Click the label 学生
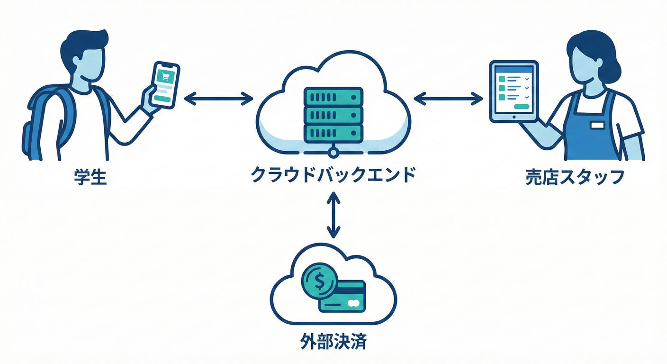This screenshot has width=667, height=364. [x=90, y=177]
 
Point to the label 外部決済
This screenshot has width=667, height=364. [x=333, y=342]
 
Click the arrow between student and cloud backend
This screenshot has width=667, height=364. [x=218, y=99]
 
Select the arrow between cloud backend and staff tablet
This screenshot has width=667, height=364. [x=448, y=98]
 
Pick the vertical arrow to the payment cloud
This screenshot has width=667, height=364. [x=333, y=215]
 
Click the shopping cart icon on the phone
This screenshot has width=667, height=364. [x=166, y=75]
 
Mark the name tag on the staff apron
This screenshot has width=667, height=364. [x=597, y=125]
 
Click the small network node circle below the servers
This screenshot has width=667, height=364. [x=333, y=152]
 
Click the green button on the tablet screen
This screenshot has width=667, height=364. [x=523, y=107]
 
